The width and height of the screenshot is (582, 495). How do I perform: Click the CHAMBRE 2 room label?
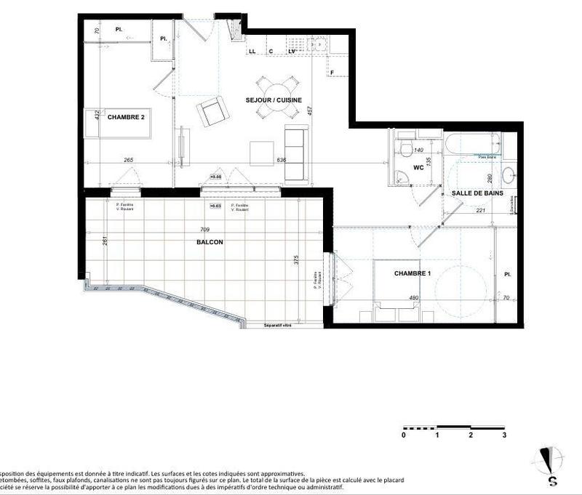coord(126,116)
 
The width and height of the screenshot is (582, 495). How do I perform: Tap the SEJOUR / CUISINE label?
coord(274,100)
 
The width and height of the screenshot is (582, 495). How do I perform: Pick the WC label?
coord(418,167)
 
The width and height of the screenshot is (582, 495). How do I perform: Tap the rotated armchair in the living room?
coord(212,111)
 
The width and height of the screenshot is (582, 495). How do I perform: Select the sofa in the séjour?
coord(295,154)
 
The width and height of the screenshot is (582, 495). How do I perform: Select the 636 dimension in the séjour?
coord(282,161)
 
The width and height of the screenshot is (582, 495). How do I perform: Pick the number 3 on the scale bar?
coord(504,435)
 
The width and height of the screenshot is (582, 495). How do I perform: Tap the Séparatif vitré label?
coord(277,326)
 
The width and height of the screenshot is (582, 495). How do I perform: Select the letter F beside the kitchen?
coord(332,73)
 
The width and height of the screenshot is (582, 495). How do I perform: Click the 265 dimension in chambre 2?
coord(128,161)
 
